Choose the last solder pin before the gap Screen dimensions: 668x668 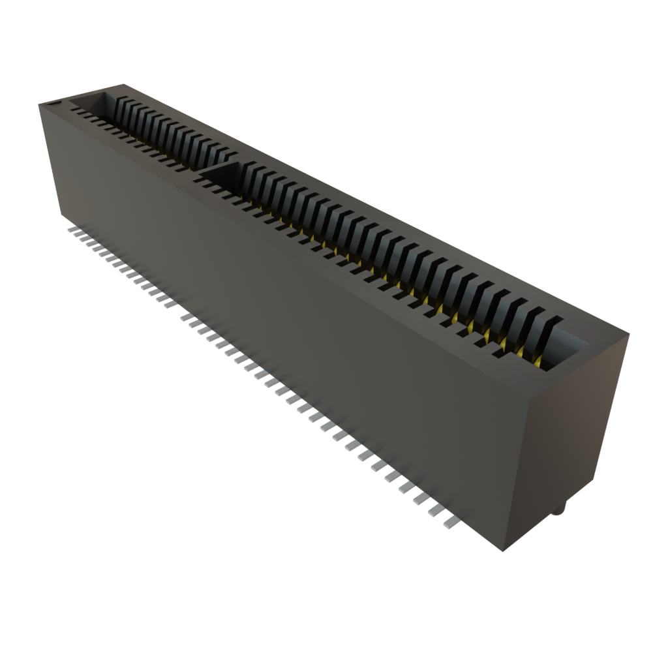(162, 302)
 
